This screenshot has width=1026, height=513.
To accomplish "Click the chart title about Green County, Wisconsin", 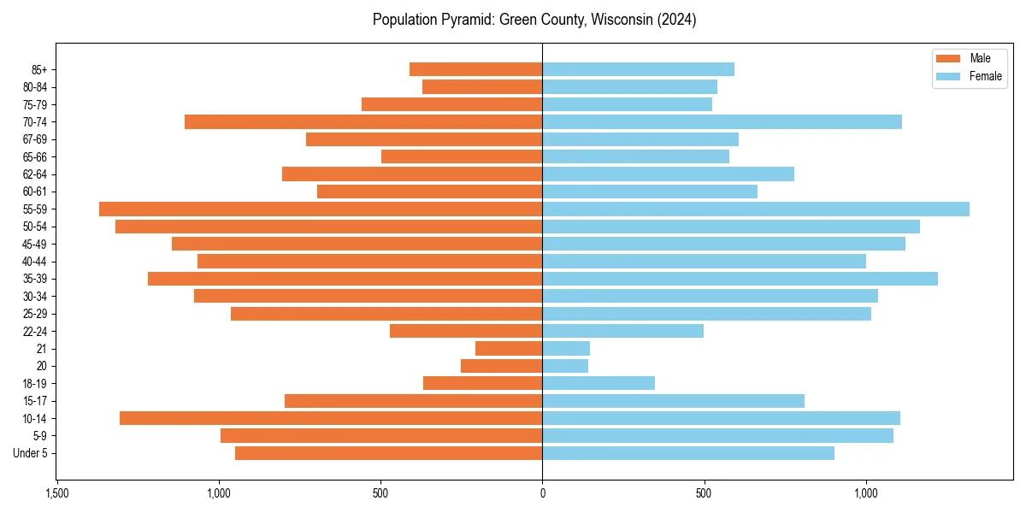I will [x=534, y=20].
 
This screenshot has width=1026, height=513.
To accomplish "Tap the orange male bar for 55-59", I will [x=321, y=209].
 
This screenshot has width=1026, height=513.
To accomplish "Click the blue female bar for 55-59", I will [x=756, y=209].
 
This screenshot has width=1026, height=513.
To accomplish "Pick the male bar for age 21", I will [x=509, y=348].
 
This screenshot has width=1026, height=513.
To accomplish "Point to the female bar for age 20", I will [x=565, y=366].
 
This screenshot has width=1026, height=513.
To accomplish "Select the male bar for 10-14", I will [x=331, y=418].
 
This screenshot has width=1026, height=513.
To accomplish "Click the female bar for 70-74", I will [x=722, y=121].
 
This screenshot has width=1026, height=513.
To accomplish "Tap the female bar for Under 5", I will [x=688, y=453].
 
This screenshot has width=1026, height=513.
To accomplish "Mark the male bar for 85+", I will [x=475, y=69].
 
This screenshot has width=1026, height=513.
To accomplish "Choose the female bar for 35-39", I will [x=740, y=279].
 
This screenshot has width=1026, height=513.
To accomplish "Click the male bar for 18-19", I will [x=482, y=383].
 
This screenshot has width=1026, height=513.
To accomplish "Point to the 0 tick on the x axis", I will [x=542, y=493].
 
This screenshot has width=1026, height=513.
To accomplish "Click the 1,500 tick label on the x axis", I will [x=56, y=493].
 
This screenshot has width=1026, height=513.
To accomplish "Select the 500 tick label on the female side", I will [x=704, y=493].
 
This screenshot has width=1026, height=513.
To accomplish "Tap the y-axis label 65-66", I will [x=35, y=156].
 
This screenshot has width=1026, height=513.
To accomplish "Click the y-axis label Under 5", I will [x=31, y=453].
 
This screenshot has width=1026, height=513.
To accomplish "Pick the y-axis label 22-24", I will [x=35, y=331].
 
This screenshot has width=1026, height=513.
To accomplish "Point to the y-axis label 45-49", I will [x=35, y=244].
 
